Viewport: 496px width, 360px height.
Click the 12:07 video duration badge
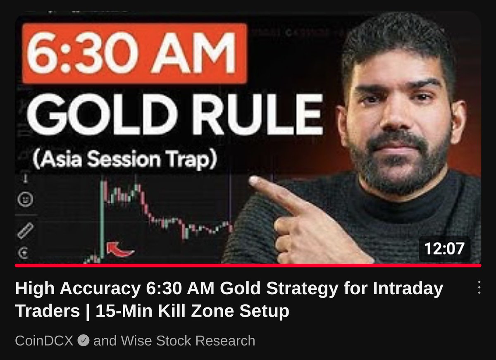tap(444, 249)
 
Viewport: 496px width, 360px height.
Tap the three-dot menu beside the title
tap(479, 287)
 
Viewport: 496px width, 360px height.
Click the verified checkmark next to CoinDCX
tap(83, 340)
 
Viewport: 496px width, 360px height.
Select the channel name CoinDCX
tap(44, 340)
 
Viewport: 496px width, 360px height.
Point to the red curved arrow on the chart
tap(119, 250)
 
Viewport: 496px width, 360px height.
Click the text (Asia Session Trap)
tap(124, 160)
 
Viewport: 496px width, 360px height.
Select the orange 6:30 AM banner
tap(134, 53)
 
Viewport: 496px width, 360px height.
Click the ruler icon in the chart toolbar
tap(26, 231)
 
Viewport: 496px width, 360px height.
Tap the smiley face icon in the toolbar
tap(26, 200)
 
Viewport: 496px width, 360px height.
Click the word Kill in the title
tap(172, 311)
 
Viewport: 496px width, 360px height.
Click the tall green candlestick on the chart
tap(102, 219)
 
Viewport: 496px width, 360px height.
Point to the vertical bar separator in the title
tap(88, 311)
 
